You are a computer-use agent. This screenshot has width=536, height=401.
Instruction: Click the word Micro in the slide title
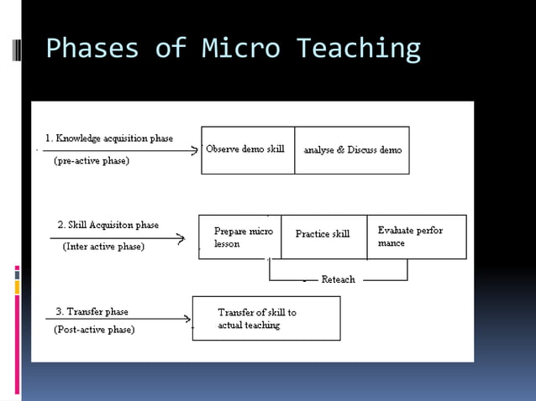[x=241, y=49]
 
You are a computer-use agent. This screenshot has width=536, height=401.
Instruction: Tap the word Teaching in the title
[x=358, y=49]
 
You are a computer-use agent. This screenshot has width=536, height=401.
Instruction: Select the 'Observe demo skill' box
[x=247, y=150]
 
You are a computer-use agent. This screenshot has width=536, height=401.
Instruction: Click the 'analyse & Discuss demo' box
[x=352, y=150]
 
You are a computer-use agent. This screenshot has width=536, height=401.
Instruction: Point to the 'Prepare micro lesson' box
[x=240, y=237]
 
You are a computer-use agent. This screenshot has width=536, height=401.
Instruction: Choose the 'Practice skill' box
[x=323, y=235]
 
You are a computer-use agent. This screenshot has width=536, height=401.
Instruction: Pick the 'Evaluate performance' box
[x=416, y=237]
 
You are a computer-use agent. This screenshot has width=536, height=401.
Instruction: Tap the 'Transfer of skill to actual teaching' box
[x=266, y=318]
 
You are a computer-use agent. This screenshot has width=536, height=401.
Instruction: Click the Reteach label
[x=339, y=279]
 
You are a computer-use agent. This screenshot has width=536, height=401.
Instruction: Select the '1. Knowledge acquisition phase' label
[x=109, y=138]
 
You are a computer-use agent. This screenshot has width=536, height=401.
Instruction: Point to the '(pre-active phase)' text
[x=92, y=160]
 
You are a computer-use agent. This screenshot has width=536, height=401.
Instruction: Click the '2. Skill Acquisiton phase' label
[x=108, y=225]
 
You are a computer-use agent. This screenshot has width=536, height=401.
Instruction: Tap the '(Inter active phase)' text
[x=103, y=247]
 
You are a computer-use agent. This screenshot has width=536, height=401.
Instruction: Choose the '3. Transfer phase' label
[x=92, y=311]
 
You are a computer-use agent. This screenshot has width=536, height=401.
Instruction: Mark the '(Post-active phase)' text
[x=94, y=330]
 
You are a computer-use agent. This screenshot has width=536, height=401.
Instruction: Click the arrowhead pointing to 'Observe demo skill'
[x=196, y=152]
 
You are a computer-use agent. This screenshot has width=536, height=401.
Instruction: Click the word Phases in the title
[x=92, y=49]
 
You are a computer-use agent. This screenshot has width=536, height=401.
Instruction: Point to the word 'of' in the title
[x=171, y=49]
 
